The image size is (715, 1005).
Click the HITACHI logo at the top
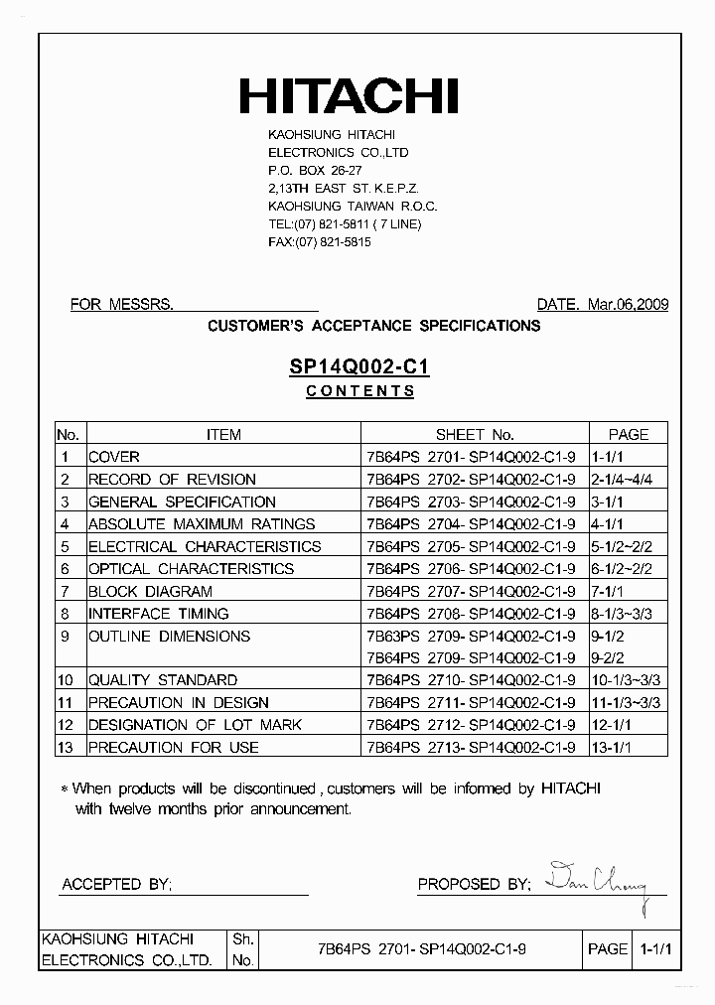(348, 96)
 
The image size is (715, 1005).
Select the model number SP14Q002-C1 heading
(358, 366)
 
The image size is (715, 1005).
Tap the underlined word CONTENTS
(359, 391)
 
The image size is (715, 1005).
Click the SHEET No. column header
(475, 434)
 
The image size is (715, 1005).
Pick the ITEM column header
(223, 434)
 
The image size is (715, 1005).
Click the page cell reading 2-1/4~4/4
(627, 480)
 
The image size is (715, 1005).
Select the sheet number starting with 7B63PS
(471, 636)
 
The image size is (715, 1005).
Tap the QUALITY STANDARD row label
(163, 680)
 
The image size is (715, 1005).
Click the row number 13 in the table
(67, 747)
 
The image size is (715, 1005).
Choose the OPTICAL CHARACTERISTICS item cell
(191, 569)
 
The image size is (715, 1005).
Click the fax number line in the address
(319, 242)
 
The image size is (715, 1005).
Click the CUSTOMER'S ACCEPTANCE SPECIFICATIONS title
(373, 326)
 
